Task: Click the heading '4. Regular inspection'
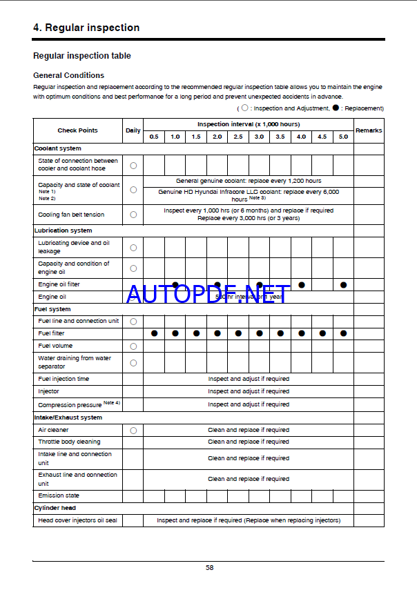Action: [86, 28]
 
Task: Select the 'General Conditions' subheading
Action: [68, 75]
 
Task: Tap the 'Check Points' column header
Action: [77, 130]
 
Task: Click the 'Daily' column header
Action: [133, 130]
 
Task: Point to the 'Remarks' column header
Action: [368, 130]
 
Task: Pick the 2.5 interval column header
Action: [238, 137]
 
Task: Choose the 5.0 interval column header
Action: [343, 137]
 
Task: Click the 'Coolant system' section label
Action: [58, 148]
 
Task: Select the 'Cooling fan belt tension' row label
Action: [71, 215]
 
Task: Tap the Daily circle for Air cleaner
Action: [133, 430]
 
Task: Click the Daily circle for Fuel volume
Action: [133, 346]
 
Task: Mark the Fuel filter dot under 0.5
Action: [154, 333]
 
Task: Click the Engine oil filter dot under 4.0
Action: [302, 284]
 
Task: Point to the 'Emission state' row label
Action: [59, 495]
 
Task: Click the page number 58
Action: [209, 568]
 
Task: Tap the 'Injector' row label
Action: [48, 391]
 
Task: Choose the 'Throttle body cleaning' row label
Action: [69, 442]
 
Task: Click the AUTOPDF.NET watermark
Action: [206, 295]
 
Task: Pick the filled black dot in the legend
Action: [336, 108]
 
